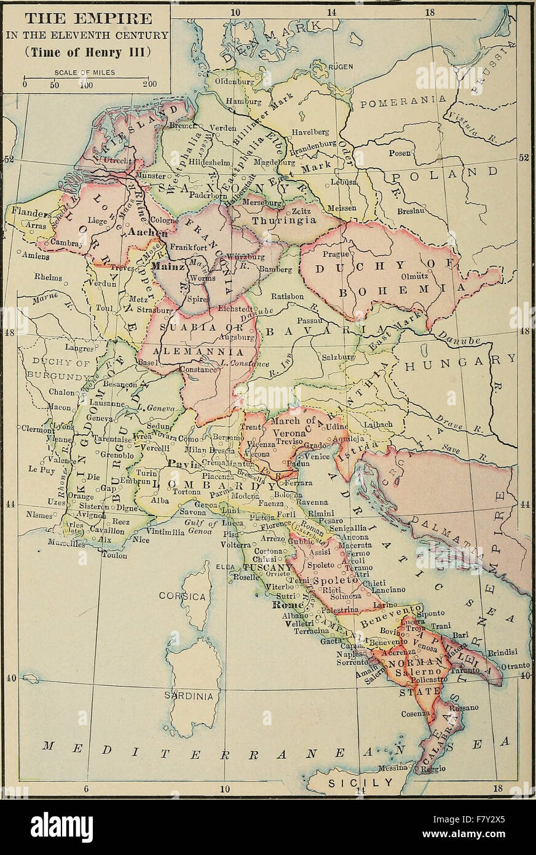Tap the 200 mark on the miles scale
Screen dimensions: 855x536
coord(149,84)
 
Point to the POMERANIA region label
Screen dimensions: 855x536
coord(402,102)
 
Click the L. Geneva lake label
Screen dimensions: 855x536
coord(156,408)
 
